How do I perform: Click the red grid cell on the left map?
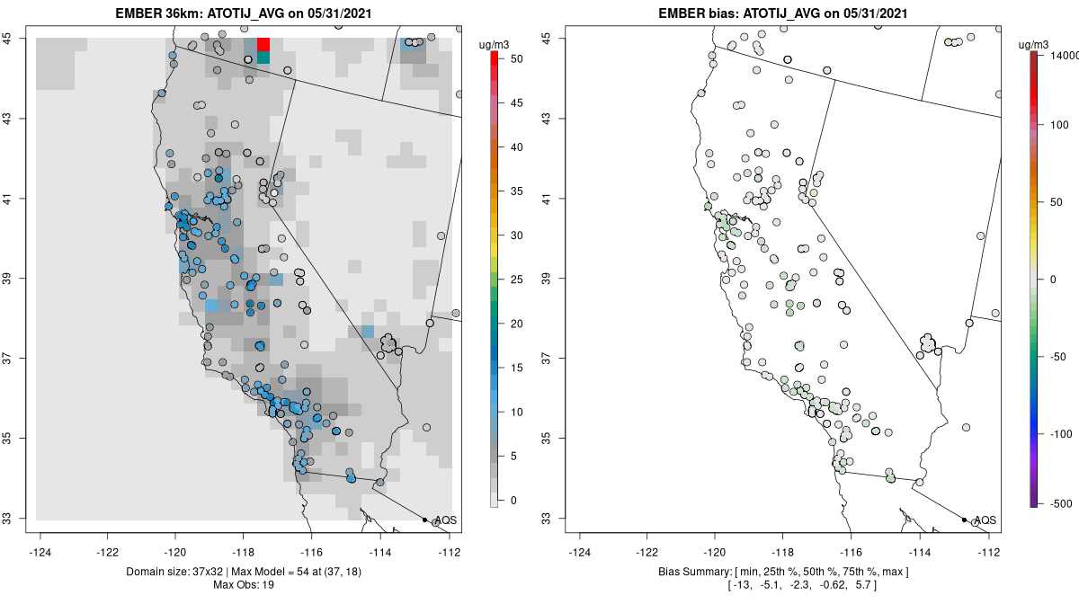click(263, 45)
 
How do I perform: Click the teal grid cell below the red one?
click(263, 58)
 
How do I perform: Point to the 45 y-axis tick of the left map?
click(18, 38)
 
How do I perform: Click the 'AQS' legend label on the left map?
click(445, 520)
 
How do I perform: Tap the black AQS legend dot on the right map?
click(964, 520)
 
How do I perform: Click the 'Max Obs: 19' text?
click(244, 585)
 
